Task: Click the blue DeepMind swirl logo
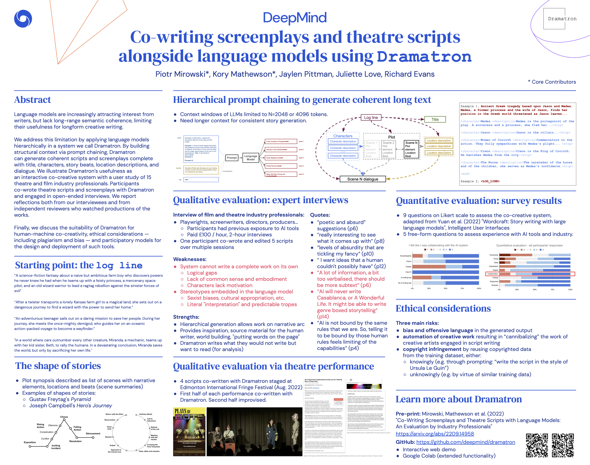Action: (x=23, y=19)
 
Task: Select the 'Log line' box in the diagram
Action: (x=371, y=117)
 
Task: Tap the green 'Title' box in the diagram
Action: (x=435, y=119)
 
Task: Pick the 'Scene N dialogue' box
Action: (x=362, y=179)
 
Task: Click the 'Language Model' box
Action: (x=250, y=158)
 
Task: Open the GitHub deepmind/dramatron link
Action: (x=465, y=442)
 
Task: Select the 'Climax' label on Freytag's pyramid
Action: (x=64, y=417)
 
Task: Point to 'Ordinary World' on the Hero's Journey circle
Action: (x=146, y=414)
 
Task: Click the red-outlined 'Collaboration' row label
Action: (x=492, y=274)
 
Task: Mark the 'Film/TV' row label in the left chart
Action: (x=408, y=272)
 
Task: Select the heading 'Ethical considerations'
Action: (x=443, y=308)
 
